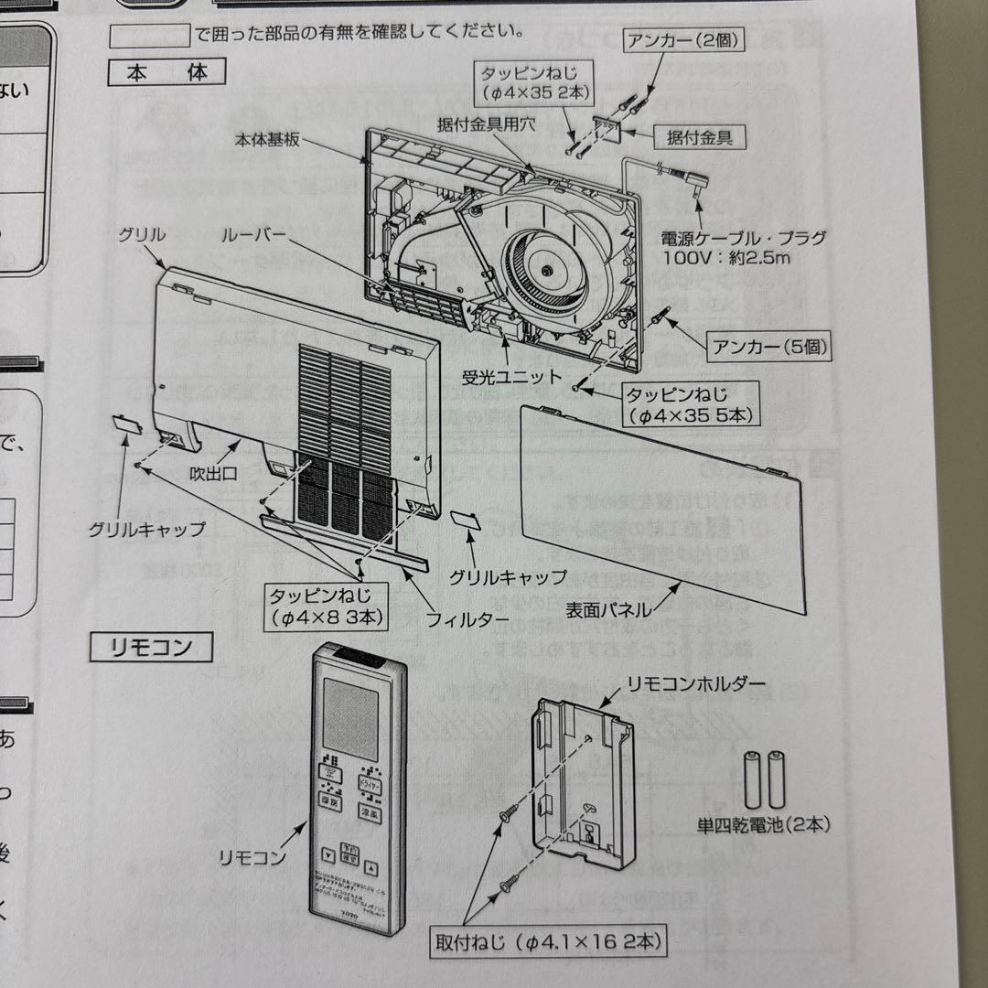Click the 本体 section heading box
tap(166, 72)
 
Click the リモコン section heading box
tap(151, 648)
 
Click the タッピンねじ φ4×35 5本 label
tap(688, 404)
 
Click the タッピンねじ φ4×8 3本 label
tap(325, 606)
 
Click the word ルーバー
tap(253, 235)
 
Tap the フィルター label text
tap(467, 619)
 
